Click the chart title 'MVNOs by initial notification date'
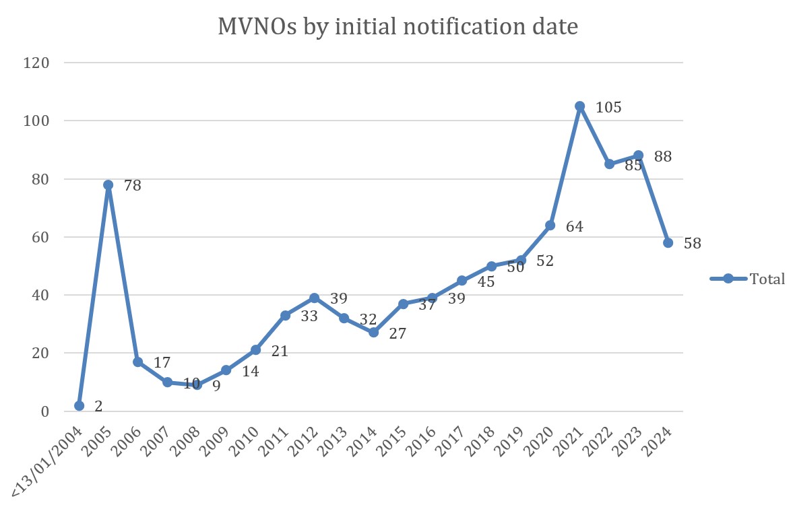pos(398,27)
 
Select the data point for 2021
pos(579,106)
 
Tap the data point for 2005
pos(108,184)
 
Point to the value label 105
pos(608,108)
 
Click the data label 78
pos(132,185)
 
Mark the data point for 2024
pos(668,242)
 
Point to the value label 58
pos(692,244)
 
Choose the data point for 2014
pos(374,332)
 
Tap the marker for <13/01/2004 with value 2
pos(80,405)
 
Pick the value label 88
pos(663,157)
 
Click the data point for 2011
pos(285,315)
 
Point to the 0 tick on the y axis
pos(46,411)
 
